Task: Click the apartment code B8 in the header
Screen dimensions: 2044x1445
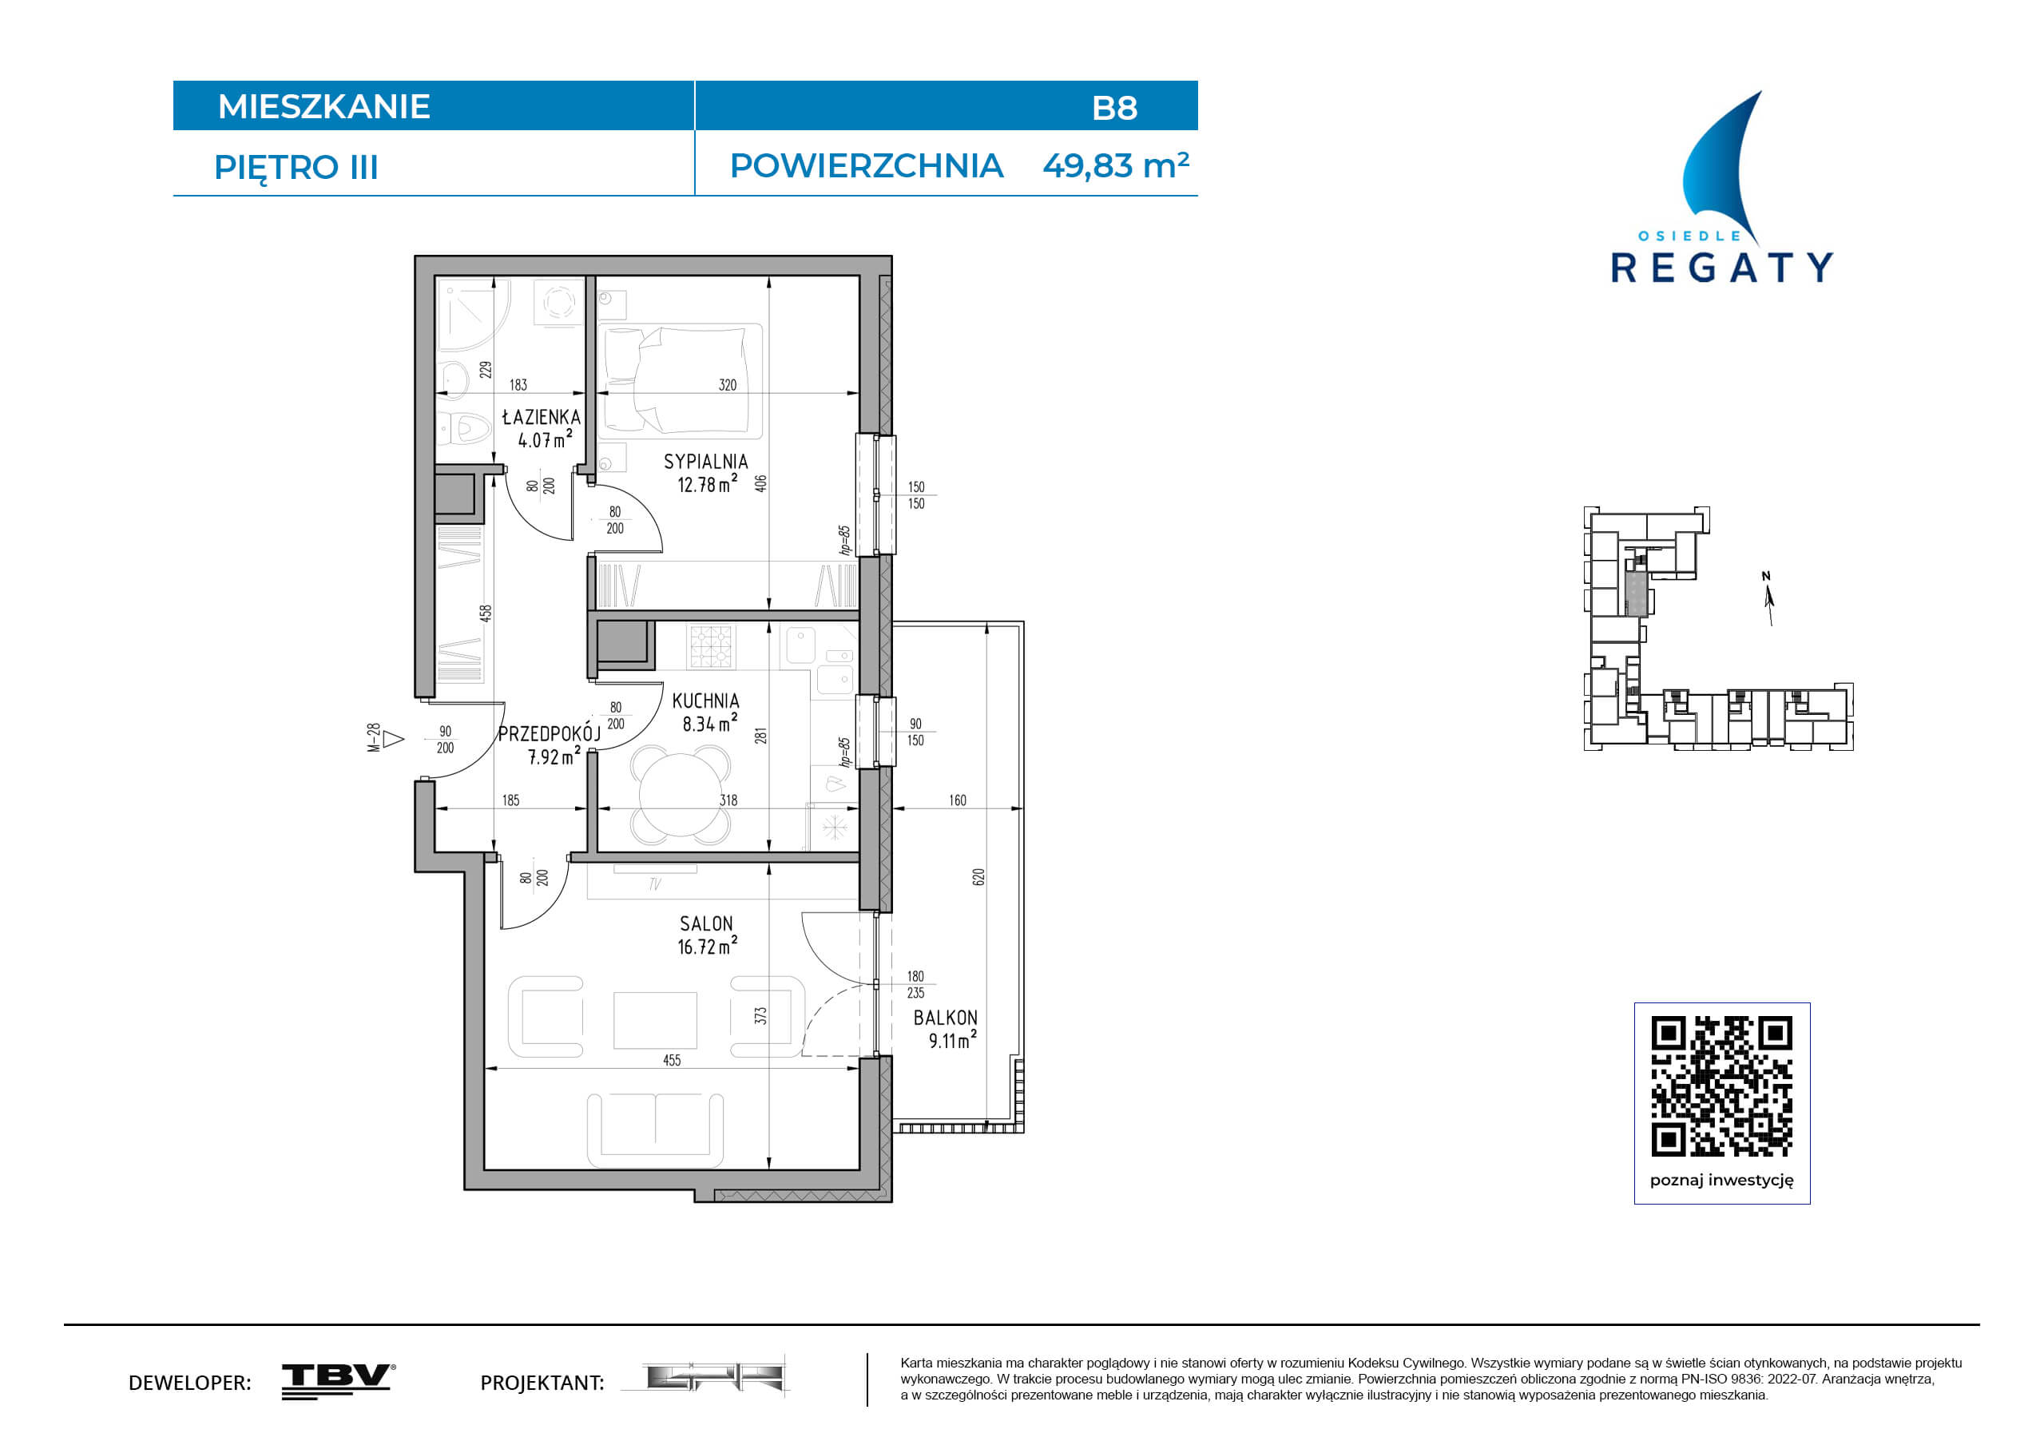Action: tap(1113, 108)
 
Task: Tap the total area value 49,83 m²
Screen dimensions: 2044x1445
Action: tap(1116, 165)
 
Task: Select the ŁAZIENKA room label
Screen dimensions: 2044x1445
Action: tap(542, 417)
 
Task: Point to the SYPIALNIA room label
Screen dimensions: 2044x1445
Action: tap(706, 461)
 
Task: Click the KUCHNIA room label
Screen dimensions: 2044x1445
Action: tap(706, 701)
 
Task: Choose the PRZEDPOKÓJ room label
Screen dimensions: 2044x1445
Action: tap(550, 733)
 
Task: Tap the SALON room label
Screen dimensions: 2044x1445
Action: tap(706, 923)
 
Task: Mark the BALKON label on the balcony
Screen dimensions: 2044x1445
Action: tap(946, 1018)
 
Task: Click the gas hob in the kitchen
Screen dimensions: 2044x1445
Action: tap(710, 646)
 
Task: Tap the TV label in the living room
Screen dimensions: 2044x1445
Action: tap(655, 884)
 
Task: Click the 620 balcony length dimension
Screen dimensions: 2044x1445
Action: tap(979, 877)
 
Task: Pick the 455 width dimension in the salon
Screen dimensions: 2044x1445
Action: tap(672, 1060)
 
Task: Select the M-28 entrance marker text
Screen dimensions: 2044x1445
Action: tap(374, 738)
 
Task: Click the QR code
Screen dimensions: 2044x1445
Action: tap(1722, 1086)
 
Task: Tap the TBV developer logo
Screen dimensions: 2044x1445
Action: tap(339, 1381)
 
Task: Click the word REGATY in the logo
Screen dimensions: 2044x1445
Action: tap(1722, 267)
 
